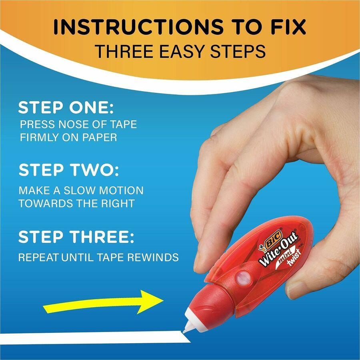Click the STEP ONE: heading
pyautogui.click(x=66, y=108)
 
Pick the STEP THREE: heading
pyautogui.click(x=76, y=237)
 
